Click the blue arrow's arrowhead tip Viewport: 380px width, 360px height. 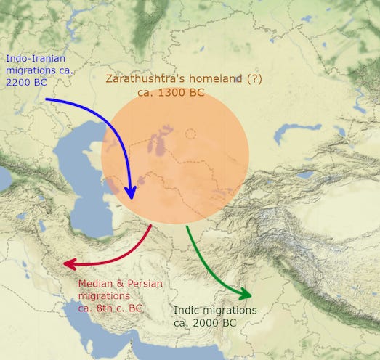coord(131,197)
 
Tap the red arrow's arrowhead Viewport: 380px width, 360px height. coord(68,264)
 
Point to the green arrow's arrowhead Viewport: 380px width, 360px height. coord(249,295)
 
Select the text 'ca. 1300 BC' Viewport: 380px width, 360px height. coord(170,92)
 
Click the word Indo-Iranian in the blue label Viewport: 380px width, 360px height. coord(35,59)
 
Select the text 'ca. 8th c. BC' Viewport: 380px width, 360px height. coord(110,308)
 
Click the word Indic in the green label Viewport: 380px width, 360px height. coord(188,310)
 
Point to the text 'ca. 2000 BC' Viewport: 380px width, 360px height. coord(205,322)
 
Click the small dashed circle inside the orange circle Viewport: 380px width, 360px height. coord(190,134)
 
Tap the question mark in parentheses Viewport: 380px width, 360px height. coord(255,78)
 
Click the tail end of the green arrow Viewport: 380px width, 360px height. coord(187,226)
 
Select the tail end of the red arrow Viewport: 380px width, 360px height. coord(151,226)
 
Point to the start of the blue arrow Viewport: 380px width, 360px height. coord(46,99)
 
